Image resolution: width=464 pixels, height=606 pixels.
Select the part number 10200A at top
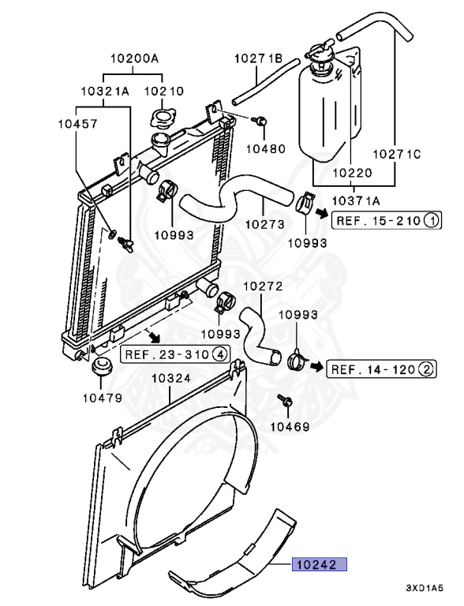(x=135, y=58)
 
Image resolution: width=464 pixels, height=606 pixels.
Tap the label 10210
(x=164, y=92)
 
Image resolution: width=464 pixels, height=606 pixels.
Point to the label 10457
(x=77, y=124)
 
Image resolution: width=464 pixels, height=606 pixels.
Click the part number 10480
(x=266, y=148)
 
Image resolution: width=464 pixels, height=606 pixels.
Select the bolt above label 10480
(x=260, y=121)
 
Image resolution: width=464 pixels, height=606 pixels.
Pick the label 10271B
(x=259, y=58)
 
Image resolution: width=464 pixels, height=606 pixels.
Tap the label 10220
(x=352, y=173)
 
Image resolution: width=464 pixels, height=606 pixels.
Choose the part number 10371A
(x=356, y=200)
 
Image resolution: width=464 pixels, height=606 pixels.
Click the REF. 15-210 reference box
(x=387, y=221)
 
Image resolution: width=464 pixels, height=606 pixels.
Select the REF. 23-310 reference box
(x=175, y=354)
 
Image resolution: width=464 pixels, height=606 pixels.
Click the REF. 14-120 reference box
(x=382, y=369)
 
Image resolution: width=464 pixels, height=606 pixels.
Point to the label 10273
(x=265, y=224)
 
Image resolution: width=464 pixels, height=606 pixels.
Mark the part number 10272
(x=264, y=286)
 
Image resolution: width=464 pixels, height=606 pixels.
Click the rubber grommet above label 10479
(x=102, y=366)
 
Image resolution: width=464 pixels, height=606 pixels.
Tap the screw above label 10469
(x=285, y=401)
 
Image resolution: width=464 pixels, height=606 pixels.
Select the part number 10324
(x=171, y=378)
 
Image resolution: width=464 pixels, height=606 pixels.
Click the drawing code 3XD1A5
(x=425, y=588)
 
